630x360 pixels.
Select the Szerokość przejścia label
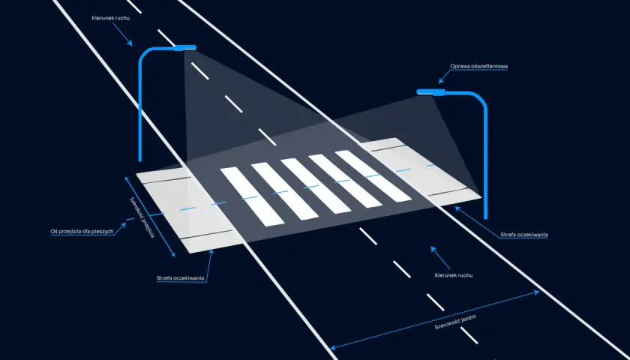[x=142, y=217]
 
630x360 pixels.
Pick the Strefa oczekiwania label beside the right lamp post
[x=524, y=235]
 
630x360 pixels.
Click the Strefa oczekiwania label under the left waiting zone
[x=181, y=278]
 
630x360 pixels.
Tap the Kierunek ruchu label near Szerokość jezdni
[x=454, y=275]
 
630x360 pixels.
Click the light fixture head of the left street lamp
[x=184, y=48]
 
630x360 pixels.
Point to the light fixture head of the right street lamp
[x=430, y=91]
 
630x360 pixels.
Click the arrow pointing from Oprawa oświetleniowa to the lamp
[x=445, y=76]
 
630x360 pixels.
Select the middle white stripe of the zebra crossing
[x=316, y=186]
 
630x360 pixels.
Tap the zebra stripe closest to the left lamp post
[x=252, y=196]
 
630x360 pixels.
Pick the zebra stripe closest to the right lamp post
[x=373, y=175]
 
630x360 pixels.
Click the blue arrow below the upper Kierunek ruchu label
[x=122, y=34]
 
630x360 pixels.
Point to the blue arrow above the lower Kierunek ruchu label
[x=440, y=257]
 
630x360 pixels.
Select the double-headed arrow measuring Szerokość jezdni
[x=435, y=320]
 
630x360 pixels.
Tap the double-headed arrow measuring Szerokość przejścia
[x=150, y=216]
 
